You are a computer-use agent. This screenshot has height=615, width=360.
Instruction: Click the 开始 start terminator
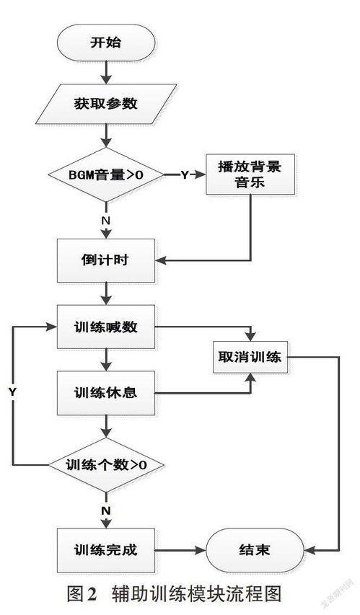[105, 43]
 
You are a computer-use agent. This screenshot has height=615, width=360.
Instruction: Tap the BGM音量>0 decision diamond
[105, 175]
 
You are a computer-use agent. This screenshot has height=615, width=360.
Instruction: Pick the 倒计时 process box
[105, 260]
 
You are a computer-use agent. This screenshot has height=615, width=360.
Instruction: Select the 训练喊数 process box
[105, 327]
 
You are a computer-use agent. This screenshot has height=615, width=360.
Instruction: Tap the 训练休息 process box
[105, 393]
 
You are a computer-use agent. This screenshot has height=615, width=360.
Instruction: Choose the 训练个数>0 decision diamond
[105, 464]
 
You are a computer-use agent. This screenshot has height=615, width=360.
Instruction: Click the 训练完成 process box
[105, 549]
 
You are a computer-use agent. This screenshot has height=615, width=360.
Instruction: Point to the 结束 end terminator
[253, 549]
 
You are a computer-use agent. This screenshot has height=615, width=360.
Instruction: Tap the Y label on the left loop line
[12, 391]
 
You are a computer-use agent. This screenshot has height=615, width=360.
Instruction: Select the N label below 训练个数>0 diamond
[106, 510]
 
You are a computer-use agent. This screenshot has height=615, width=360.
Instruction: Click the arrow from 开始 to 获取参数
[106, 72]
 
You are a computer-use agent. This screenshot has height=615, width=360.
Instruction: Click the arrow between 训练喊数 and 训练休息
[106, 360]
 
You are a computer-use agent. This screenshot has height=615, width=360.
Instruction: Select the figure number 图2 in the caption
[82, 595]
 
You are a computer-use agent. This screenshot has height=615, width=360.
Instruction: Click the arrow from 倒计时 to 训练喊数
[106, 293]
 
